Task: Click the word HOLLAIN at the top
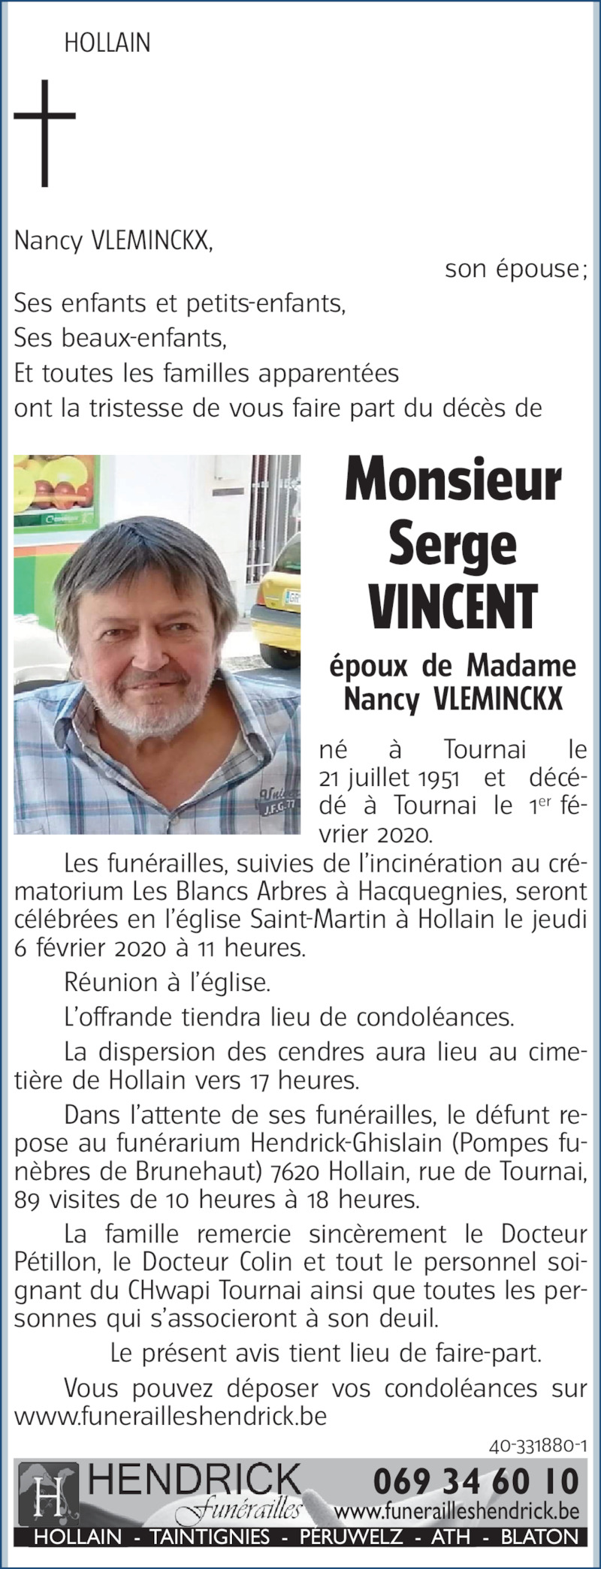pos(107,44)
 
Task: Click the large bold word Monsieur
pos(453,481)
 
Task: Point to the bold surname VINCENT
pos(453,607)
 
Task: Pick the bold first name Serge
pos(453,544)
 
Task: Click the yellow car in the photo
pos(278,608)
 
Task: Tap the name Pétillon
pos(48,1261)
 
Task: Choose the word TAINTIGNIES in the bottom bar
pos(210,1537)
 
